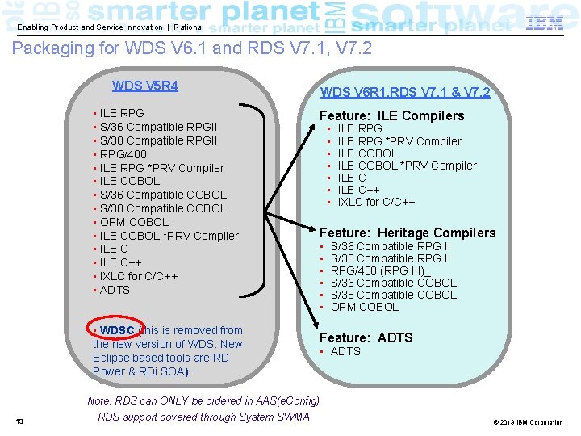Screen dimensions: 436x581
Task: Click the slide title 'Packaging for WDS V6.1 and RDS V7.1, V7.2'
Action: [192, 48]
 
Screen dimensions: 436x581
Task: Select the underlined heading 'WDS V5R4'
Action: [145, 86]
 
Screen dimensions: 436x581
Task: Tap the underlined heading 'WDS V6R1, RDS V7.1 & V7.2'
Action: [405, 92]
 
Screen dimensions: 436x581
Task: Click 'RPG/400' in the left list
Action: [123, 153]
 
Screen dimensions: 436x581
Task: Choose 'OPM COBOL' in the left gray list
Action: [134, 222]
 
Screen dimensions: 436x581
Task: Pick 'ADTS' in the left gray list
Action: [115, 290]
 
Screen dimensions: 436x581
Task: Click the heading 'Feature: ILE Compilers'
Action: [392, 115]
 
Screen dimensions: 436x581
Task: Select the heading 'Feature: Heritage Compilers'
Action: [408, 233]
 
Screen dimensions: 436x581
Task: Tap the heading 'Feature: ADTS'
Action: [366, 337]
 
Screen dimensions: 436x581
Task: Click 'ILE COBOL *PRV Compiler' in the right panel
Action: [407, 166]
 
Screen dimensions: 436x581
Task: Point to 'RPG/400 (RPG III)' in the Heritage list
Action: [379, 270]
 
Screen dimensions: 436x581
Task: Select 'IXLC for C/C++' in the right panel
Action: [376, 202]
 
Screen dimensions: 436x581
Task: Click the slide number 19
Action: [19, 421]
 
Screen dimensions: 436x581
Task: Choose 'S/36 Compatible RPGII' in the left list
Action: [158, 127]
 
